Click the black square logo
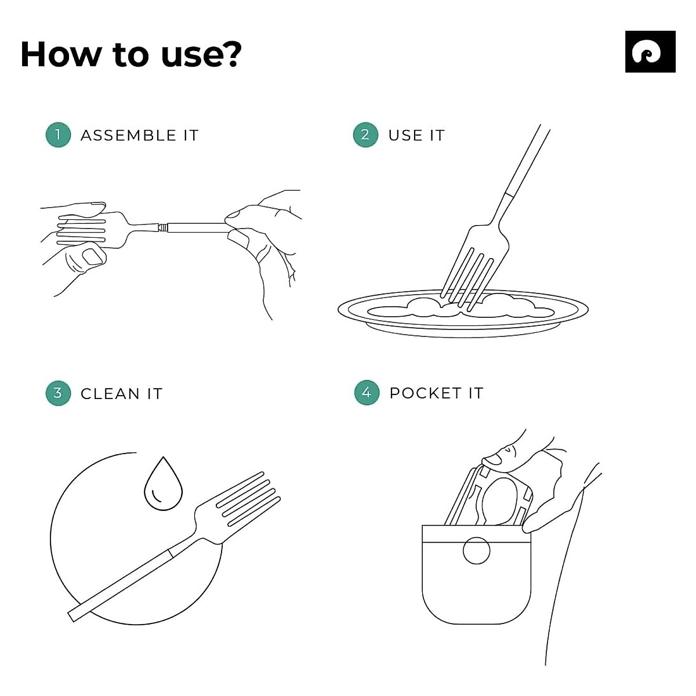(650, 52)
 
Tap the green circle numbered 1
(58, 135)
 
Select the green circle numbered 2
(365, 135)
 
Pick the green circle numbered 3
(58, 393)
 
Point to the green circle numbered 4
(367, 393)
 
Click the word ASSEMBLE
(128, 136)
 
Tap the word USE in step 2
(404, 136)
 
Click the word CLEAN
(110, 394)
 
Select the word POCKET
(426, 393)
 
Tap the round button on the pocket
(476, 550)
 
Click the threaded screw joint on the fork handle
(163, 227)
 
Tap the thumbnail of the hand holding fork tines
(93, 256)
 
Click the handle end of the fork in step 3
(71, 617)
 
